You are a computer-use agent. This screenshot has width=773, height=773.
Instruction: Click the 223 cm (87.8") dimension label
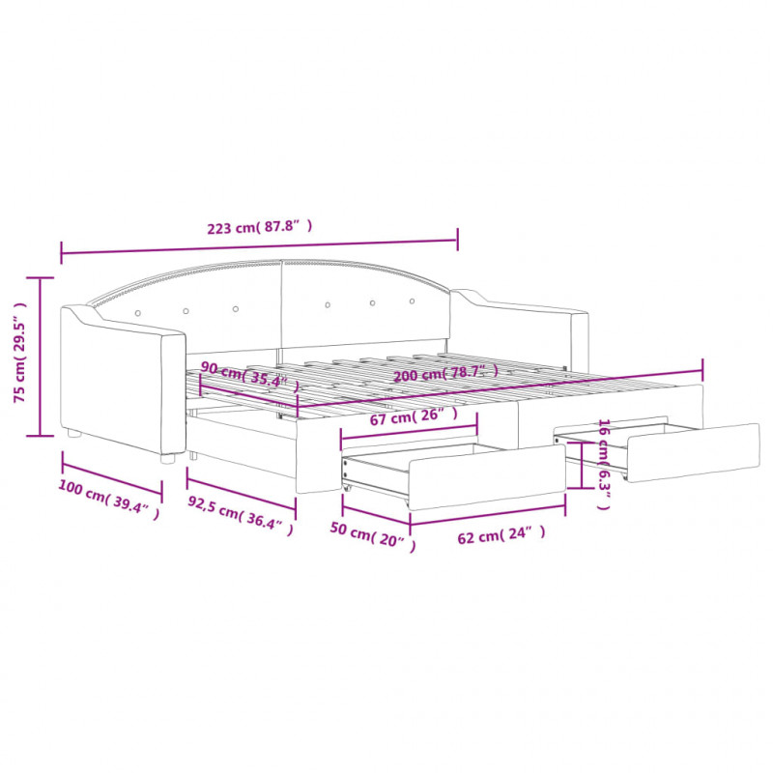(x=259, y=227)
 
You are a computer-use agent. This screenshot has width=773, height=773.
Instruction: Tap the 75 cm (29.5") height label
(x=19, y=352)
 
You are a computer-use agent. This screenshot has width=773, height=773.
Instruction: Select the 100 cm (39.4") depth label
(x=109, y=499)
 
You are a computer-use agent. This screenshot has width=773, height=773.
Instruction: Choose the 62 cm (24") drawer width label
(x=501, y=534)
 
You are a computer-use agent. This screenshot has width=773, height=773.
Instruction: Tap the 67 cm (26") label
(x=414, y=416)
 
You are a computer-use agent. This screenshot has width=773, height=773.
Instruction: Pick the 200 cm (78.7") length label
(x=445, y=373)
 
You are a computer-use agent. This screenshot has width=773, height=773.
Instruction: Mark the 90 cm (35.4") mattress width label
(x=249, y=376)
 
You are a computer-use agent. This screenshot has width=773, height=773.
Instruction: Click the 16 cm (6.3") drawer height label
(x=603, y=464)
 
